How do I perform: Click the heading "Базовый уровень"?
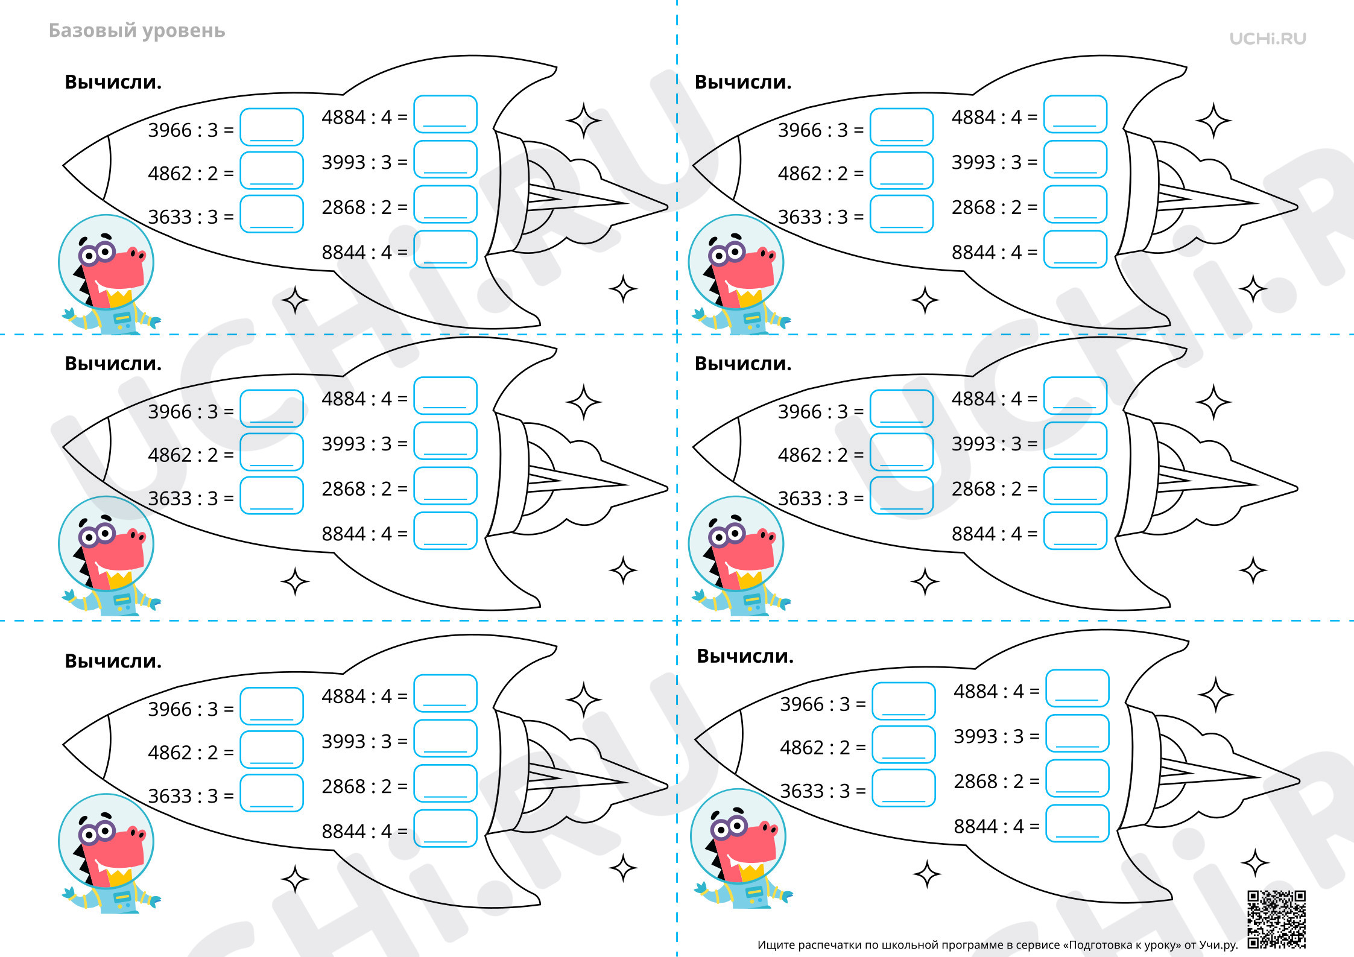pos(137,31)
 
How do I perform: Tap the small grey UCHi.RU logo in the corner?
pos(1268,39)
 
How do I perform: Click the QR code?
pos(1276,919)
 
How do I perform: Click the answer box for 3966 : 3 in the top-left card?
pos(271,127)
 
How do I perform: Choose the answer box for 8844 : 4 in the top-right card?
pos(1075,249)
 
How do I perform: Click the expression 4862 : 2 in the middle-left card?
pos(183,455)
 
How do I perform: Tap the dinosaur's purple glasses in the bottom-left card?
pos(96,833)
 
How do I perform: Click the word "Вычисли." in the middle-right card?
pos(743,364)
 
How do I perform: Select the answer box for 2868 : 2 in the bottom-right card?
pos(1077,779)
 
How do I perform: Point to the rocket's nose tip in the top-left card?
pos(64,166)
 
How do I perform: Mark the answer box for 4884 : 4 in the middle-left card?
pos(445,396)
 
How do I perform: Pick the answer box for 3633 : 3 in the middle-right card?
pos(902,496)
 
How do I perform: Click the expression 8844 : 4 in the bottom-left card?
pos(356,832)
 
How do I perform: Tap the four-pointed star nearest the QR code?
pos(1256,863)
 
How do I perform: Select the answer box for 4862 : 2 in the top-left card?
pos(271,170)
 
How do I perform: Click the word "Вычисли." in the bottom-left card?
pos(113,662)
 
